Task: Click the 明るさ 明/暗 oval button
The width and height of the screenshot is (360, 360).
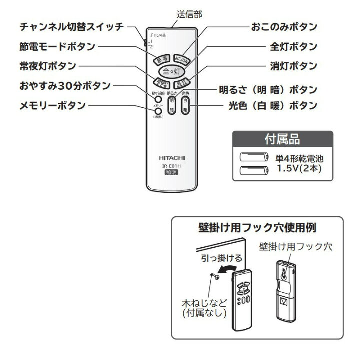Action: click(x=171, y=106)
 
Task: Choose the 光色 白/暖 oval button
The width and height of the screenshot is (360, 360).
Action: click(x=185, y=106)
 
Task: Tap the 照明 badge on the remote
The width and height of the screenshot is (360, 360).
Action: click(x=171, y=172)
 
